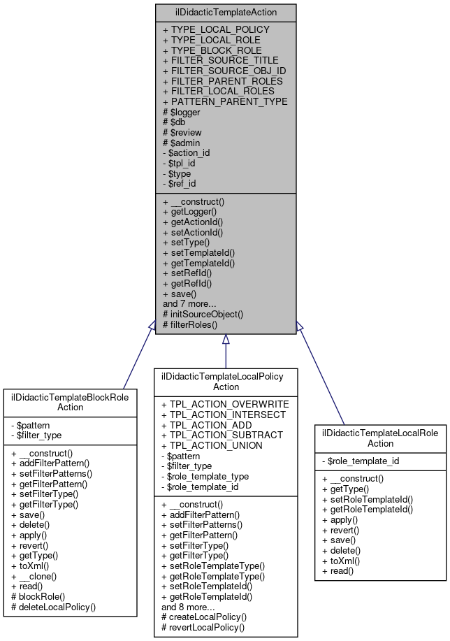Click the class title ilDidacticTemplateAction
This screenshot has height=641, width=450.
click(225, 13)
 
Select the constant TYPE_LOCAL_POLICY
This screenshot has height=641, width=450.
click(215, 30)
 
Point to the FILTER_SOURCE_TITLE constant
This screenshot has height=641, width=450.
click(220, 60)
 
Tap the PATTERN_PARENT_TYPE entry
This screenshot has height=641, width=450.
click(224, 101)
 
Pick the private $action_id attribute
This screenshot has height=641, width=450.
click(186, 152)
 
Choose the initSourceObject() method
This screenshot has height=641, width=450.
click(203, 314)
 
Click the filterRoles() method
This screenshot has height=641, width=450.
click(190, 324)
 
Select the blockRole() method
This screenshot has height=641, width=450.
click(38, 596)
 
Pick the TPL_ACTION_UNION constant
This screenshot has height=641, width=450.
click(212, 445)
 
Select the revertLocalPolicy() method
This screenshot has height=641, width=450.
click(203, 627)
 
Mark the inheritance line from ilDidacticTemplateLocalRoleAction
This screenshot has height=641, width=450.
click(321, 374)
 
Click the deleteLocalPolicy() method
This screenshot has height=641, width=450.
click(54, 607)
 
